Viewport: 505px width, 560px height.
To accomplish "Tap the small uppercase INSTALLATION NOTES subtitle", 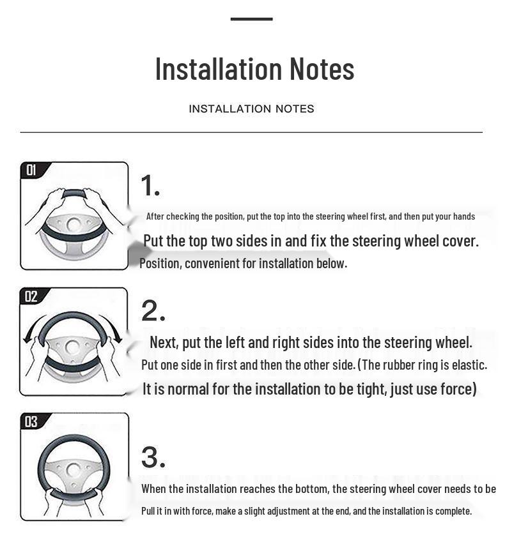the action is (251, 109).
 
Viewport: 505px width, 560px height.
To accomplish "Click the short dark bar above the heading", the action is (251, 19).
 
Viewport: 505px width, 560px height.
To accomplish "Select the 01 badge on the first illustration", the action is (31, 170).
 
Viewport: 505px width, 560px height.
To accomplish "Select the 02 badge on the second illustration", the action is (31, 296).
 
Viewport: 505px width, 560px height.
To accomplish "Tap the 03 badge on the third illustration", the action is (31, 422).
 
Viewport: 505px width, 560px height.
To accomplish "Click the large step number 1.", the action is (150, 186).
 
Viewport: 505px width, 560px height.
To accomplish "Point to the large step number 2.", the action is (153, 311).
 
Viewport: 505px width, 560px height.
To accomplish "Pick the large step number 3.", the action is (153, 457).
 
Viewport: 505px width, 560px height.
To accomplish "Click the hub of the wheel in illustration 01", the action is (74, 225).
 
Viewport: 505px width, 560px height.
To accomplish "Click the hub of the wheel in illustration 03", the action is (74, 470).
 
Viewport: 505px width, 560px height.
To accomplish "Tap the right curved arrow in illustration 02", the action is (114, 326).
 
